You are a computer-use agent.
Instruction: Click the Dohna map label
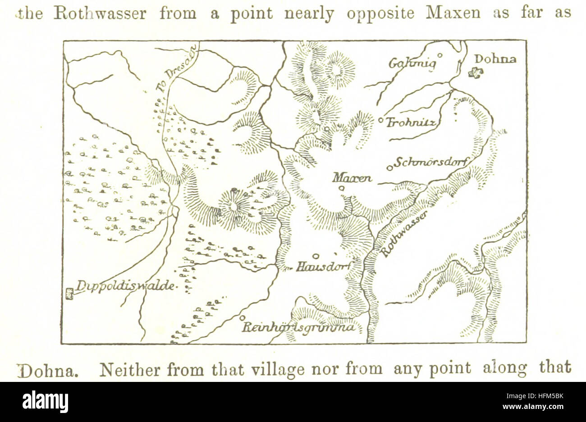point(495,59)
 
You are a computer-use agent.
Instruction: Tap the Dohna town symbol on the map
point(475,73)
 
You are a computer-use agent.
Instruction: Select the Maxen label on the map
point(352,178)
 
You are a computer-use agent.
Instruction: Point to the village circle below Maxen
point(341,188)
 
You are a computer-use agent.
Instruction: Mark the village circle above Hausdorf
point(316,256)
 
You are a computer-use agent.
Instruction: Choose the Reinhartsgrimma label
point(298,327)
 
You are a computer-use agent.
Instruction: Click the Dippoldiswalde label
point(125,286)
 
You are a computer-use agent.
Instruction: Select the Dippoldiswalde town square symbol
point(69,294)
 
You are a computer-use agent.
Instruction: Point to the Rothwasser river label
point(404,234)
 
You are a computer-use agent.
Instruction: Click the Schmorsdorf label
point(432,163)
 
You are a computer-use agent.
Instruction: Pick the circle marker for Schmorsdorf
point(390,168)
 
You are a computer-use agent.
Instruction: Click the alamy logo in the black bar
point(45,401)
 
